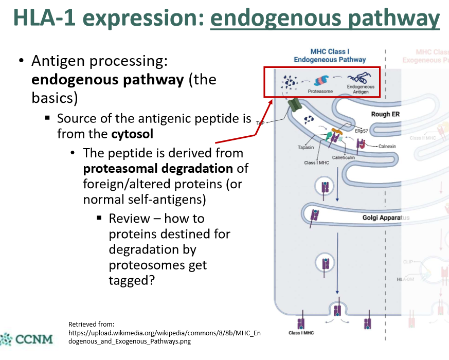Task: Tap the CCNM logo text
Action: pos(34,340)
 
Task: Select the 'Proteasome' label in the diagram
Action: pos(320,92)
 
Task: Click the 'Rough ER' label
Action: pos(385,114)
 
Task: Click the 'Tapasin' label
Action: pos(306,147)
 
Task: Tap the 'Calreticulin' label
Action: pos(343,157)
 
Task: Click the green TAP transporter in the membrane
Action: pos(295,105)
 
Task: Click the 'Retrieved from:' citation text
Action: pos(91,324)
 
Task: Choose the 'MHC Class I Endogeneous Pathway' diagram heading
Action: pos(330,56)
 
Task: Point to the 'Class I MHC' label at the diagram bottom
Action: pos(301,333)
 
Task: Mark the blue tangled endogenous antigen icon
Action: pos(358,79)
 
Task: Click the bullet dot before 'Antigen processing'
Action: pos(21,61)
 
